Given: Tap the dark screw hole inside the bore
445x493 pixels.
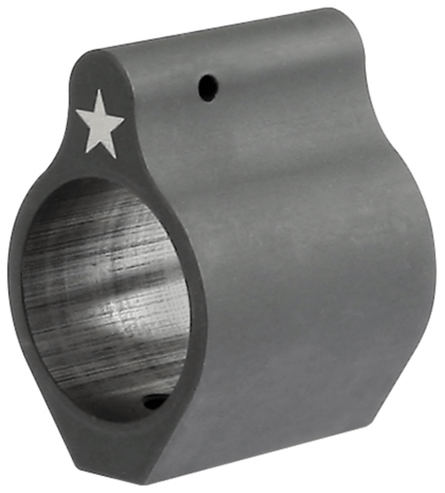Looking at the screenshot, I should point(153,402).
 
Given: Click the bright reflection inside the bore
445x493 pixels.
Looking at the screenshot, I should point(125,294).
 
